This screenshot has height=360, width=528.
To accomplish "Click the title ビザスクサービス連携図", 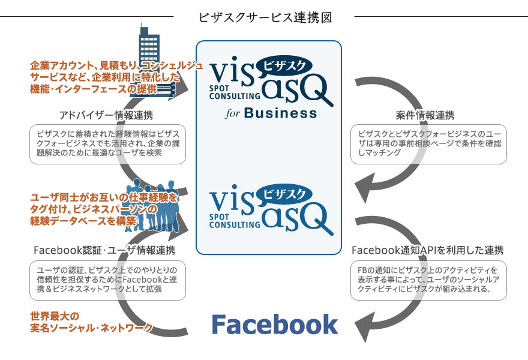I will (265, 17).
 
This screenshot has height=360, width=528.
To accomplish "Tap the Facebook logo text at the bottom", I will (275, 325).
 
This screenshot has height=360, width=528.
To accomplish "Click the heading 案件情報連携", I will (425, 115).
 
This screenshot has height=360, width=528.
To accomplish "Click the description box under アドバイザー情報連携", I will (107, 145).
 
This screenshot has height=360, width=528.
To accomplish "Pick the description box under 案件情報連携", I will (428, 145).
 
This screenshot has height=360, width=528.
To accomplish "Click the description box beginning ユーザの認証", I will (107, 280).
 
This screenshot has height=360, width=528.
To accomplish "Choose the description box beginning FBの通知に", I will (428, 280).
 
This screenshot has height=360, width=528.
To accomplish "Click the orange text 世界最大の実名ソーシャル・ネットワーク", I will (90, 322).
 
